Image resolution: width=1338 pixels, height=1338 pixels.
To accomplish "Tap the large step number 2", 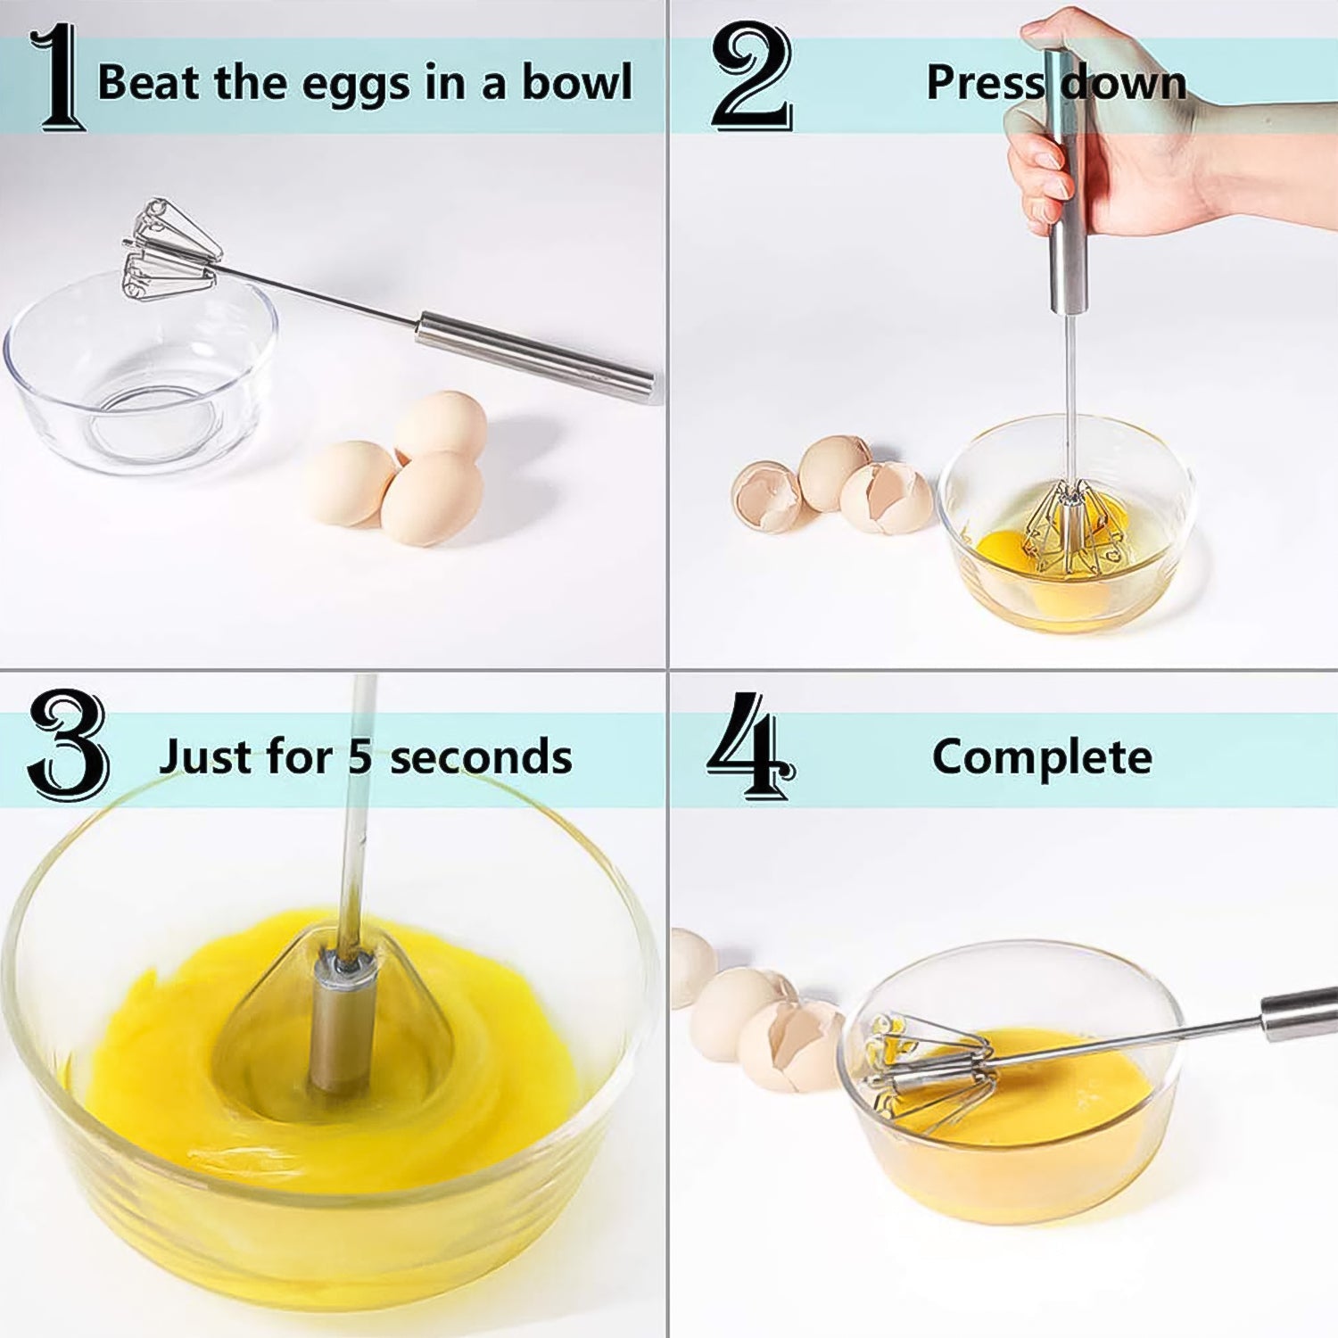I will coord(751,77).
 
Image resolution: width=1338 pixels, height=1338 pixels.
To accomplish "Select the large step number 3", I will coord(68,745).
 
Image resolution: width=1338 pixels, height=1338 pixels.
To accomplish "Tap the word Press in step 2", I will coord(984,83).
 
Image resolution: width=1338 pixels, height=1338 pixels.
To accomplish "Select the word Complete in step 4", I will coord(1042,757).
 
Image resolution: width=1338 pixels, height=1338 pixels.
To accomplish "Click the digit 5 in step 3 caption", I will coord(359,757).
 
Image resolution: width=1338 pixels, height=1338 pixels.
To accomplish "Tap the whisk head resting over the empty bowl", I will coord(169,250).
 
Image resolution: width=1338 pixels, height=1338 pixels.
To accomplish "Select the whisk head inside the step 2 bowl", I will coord(1074,531).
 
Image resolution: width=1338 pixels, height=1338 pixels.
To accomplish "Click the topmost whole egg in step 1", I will coord(441,425).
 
